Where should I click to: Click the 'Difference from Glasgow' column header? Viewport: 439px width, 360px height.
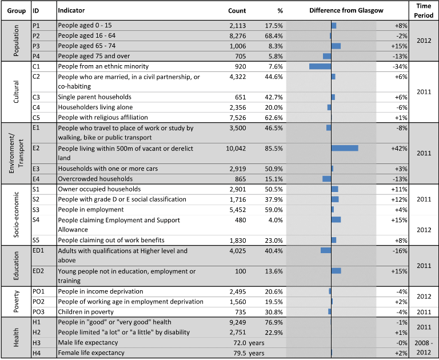[x=346, y=11]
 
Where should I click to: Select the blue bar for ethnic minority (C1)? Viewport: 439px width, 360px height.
[x=320, y=66]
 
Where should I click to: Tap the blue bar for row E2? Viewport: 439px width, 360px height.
[x=345, y=148]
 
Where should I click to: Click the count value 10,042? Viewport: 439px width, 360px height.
[x=236, y=149]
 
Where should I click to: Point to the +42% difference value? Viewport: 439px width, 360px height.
[x=399, y=149]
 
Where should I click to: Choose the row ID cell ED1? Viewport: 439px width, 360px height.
[x=38, y=250]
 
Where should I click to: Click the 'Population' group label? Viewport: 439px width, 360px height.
[x=16, y=41]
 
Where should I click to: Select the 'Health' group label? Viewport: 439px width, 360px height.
[x=16, y=337]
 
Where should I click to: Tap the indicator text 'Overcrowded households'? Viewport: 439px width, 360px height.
[x=95, y=179]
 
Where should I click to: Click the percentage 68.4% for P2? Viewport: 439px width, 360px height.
[x=274, y=36]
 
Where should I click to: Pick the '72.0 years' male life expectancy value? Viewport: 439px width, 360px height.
[x=249, y=343]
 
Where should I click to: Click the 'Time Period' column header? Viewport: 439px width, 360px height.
[x=424, y=11]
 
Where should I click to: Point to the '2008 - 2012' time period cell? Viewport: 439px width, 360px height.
[x=424, y=347]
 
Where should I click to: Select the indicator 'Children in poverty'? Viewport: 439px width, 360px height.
[x=86, y=312]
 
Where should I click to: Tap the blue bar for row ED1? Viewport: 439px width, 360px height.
[x=326, y=250]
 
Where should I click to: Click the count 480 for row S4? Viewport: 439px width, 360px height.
[x=241, y=221]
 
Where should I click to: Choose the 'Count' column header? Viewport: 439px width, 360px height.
[x=237, y=11]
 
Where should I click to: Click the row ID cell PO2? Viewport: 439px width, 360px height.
[x=38, y=302]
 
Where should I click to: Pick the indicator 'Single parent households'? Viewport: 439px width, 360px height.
[x=95, y=97]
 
